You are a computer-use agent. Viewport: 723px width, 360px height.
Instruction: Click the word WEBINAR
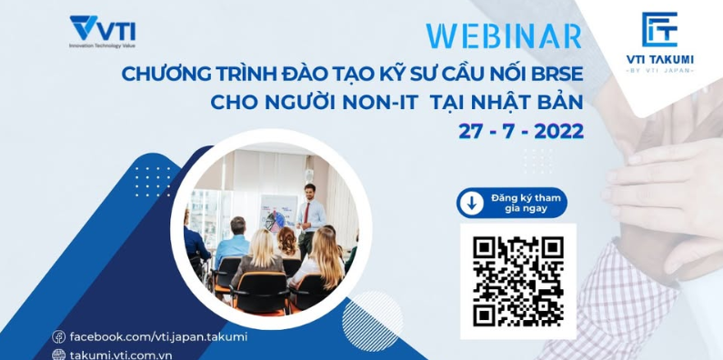[503, 35]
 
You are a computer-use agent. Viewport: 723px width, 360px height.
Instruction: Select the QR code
[517, 280]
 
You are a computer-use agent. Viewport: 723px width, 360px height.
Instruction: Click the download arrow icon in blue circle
[471, 203]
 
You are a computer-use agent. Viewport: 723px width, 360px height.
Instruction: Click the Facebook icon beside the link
[59, 336]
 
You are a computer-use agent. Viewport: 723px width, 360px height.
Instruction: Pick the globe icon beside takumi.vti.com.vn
[59, 355]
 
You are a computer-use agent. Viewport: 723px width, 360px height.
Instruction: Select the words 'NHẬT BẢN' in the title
[537, 102]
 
